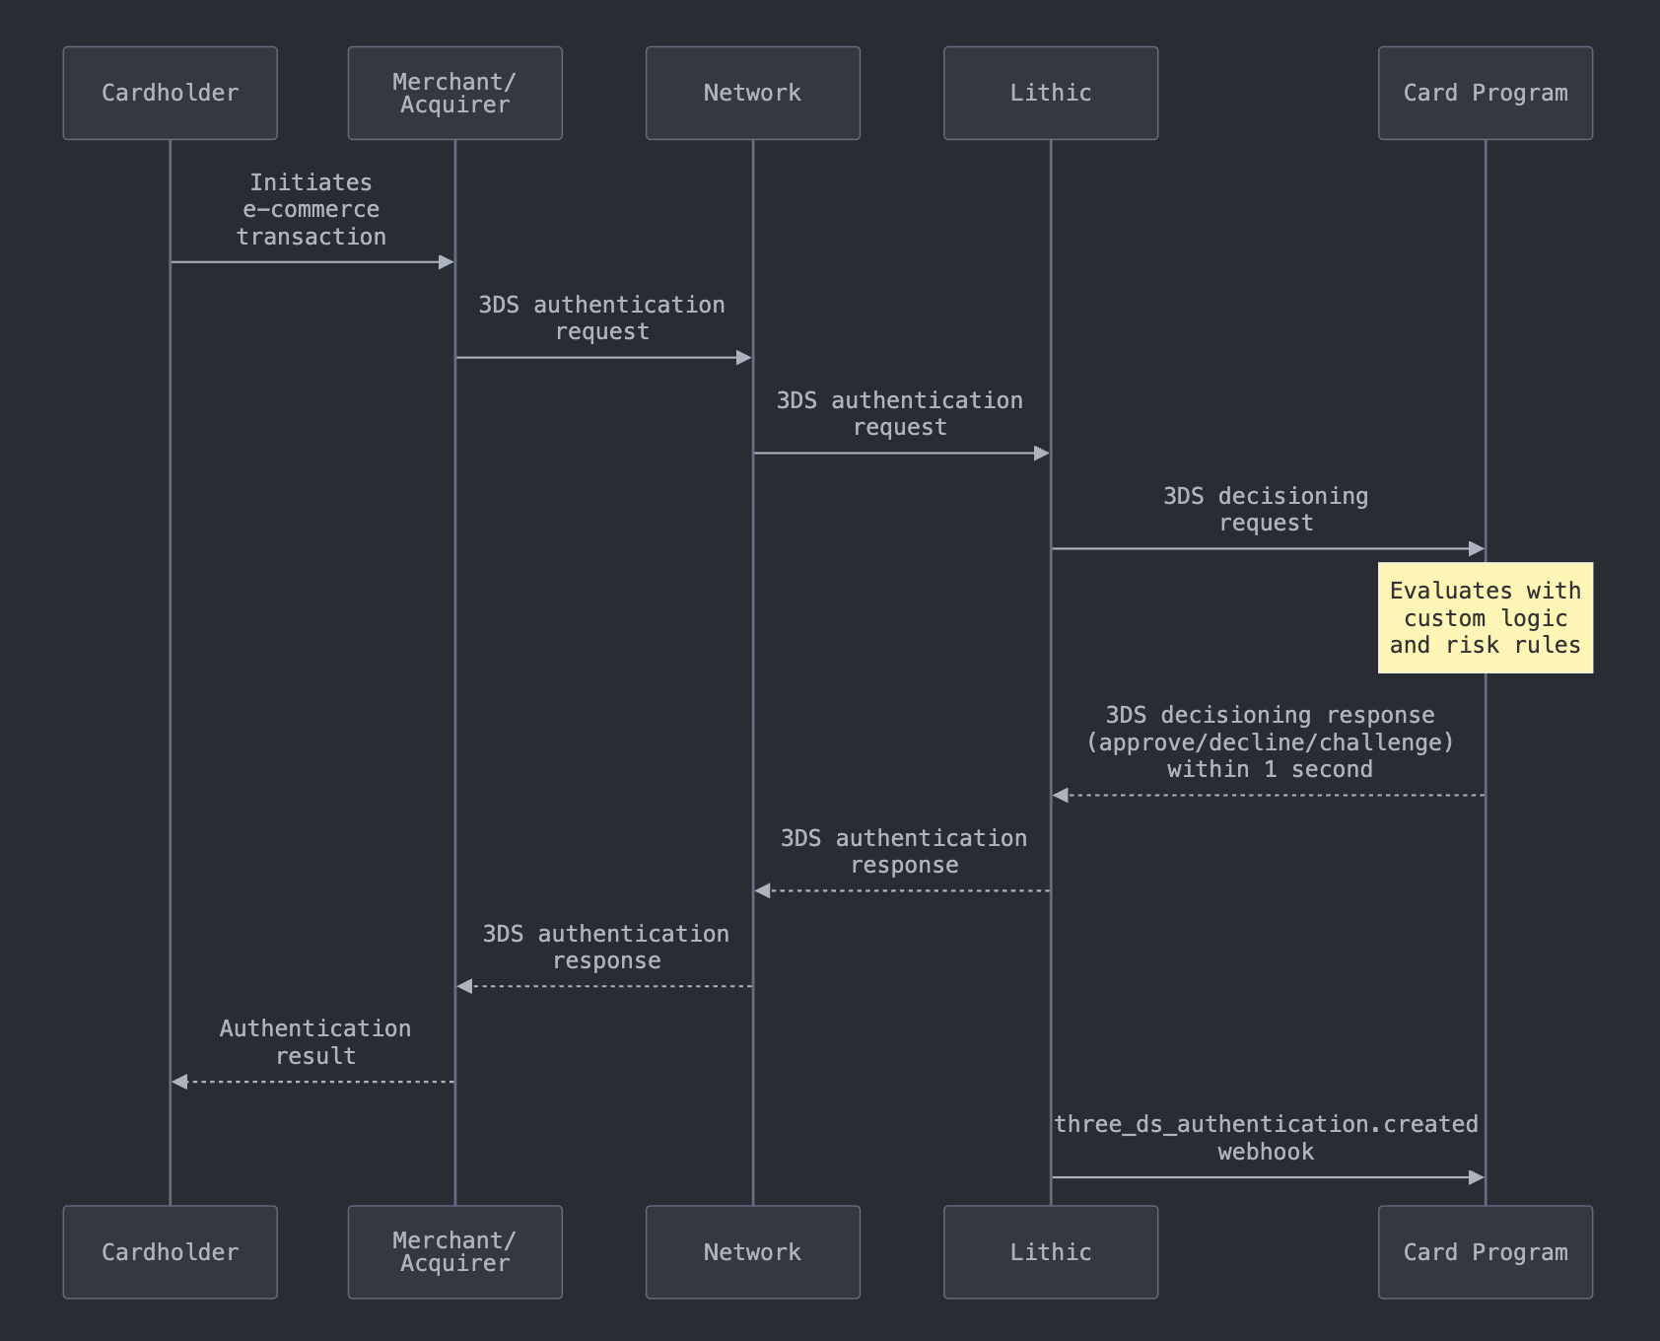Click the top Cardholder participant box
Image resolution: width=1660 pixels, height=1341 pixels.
[170, 93]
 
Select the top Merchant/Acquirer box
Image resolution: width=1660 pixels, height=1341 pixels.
[454, 93]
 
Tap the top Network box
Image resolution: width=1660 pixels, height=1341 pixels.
[753, 93]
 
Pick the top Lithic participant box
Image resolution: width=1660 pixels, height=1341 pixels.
[1051, 93]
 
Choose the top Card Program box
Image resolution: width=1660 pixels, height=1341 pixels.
[1486, 93]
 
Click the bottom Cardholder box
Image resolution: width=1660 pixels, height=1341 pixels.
[170, 1252]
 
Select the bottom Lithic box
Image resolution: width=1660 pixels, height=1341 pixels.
[1051, 1252]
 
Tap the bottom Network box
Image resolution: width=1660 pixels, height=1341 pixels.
[753, 1252]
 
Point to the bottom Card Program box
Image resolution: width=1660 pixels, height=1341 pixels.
[1486, 1252]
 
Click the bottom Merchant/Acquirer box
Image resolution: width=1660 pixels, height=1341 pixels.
[454, 1252]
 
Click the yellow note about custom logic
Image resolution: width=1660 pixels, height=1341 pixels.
[1486, 618]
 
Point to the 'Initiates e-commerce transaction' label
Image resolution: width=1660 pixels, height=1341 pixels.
[311, 210]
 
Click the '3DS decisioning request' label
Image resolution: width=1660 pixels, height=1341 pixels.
[1267, 510]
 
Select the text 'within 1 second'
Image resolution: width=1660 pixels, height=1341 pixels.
[1270, 770]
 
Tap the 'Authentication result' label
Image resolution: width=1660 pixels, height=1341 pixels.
[315, 1042]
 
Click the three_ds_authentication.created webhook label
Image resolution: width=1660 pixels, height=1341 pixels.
[1267, 1138]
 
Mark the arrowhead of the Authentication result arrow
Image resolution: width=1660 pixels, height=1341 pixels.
[178, 1082]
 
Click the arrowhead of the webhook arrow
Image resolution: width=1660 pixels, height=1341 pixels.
[1477, 1177]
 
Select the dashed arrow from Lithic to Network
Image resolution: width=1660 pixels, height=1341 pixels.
[902, 890]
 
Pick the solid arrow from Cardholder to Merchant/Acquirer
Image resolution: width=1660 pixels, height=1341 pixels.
[311, 262]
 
